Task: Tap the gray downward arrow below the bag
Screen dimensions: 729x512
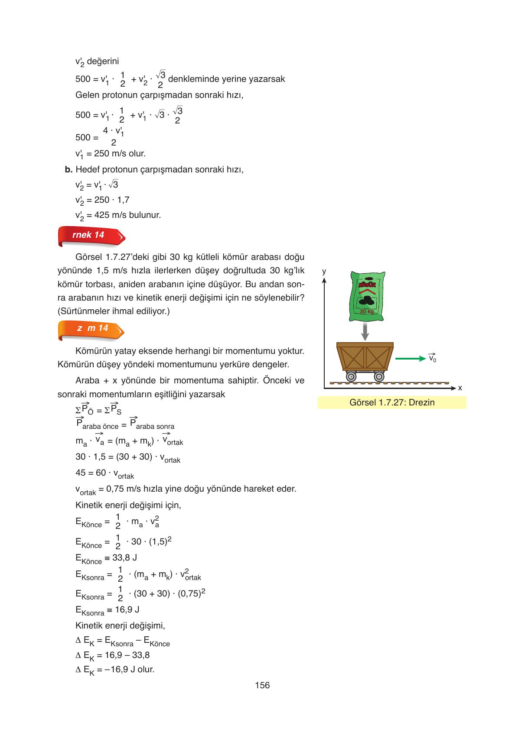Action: [x=365, y=331]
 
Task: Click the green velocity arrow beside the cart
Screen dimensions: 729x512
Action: [x=410, y=358]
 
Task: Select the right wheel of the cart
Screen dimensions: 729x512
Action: [x=379, y=376]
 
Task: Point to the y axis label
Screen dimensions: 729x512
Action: [x=324, y=272]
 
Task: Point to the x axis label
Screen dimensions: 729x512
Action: [x=460, y=388]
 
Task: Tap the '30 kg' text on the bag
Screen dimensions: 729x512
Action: [x=366, y=311]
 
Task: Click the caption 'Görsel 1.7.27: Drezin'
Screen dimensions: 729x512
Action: [x=391, y=402]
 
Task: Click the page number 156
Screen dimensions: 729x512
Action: [x=262, y=685]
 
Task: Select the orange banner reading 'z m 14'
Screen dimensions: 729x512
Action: [x=91, y=329]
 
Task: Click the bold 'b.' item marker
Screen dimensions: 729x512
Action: [x=68, y=170]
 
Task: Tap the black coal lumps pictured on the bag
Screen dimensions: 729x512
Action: [x=367, y=298]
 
